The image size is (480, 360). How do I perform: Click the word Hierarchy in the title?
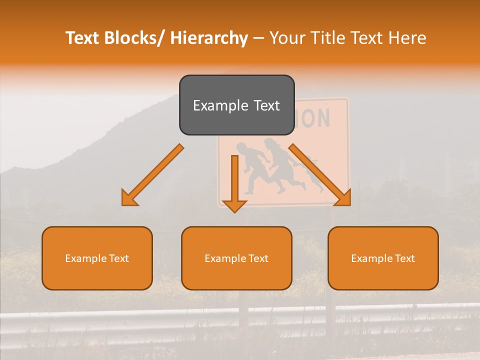point(209,38)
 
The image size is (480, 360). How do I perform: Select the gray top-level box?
point(236,105)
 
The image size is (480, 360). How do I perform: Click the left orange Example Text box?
point(97,258)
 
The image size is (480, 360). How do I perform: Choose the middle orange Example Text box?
point(236,258)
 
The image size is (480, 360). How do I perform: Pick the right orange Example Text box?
point(383,258)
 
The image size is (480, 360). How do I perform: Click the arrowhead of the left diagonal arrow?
point(128,199)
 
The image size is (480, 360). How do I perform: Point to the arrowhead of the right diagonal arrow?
point(344,198)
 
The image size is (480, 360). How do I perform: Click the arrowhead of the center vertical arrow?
point(234,206)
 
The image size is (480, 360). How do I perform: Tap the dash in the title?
point(258,38)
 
